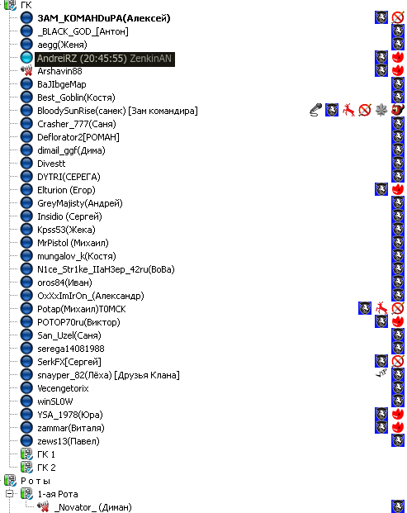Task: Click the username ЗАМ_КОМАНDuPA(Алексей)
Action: [x=104, y=18]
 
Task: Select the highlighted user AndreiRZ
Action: [x=105, y=59]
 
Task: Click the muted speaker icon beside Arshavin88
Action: [x=26, y=71]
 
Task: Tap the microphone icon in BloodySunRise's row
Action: [x=315, y=110]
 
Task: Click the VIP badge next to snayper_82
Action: [x=381, y=373]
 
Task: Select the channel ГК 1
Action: [x=46, y=454]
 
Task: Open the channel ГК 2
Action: [x=46, y=468]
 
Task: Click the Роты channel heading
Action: [x=35, y=481]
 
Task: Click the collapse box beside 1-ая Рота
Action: [x=9, y=493]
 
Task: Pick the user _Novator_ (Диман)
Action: [x=92, y=507]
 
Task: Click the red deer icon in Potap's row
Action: [x=381, y=308]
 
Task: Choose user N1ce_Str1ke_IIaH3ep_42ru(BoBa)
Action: [x=106, y=269]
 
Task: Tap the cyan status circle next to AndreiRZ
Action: [x=26, y=58]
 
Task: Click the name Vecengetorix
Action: [x=63, y=388]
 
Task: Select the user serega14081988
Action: [x=71, y=349]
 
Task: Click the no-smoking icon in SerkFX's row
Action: [x=398, y=361]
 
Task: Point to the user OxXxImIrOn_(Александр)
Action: [x=91, y=296]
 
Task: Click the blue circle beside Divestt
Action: [x=26, y=164]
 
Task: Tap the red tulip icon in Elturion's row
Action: [x=398, y=189]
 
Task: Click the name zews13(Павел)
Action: [x=69, y=441]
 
